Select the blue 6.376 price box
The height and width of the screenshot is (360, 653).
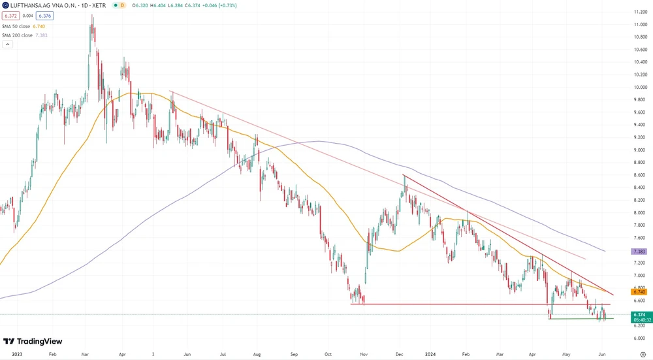pyautogui.click(x=45, y=15)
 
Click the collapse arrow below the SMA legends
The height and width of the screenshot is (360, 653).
pyautogui.click(x=7, y=44)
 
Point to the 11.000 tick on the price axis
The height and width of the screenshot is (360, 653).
pyautogui.click(x=639, y=24)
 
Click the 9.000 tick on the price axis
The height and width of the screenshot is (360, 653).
pyautogui.click(x=639, y=150)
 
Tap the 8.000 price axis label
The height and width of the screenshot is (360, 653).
pyautogui.click(x=639, y=212)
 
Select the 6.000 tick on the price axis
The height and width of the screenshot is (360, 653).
pyautogui.click(x=639, y=338)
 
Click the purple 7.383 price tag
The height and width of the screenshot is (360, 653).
pyautogui.click(x=639, y=251)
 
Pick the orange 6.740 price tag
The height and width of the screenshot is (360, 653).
pyautogui.click(x=639, y=291)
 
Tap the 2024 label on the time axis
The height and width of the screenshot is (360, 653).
pyautogui.click(x=432, y=353)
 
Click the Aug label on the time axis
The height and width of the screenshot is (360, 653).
pyautogui.click(x=256, y=353)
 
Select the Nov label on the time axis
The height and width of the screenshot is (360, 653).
pyautogui.click(x=364, y=353)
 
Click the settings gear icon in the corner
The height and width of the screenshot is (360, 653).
pyautogui.click(x=643, y=353)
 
